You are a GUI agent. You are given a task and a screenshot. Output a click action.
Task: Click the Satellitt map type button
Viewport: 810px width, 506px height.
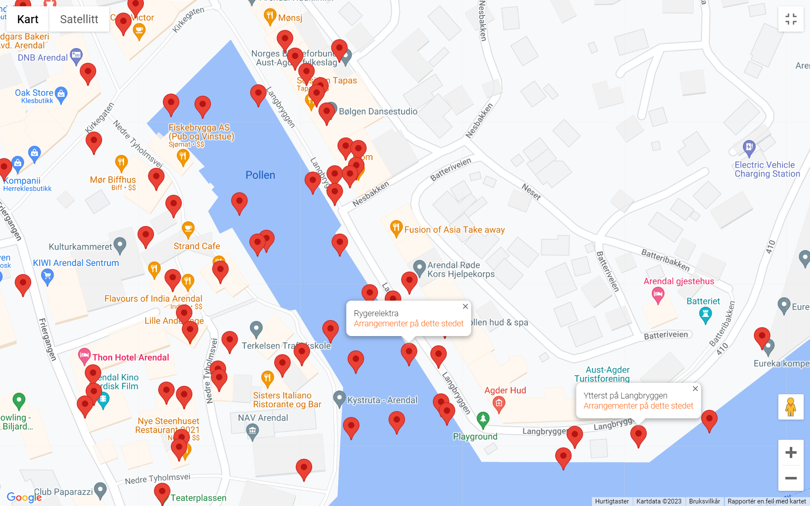(79, 19)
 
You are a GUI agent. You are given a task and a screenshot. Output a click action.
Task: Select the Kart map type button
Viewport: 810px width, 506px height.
(28, 19)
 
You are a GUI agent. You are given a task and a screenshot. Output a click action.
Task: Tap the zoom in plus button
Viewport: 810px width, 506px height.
(791, 452)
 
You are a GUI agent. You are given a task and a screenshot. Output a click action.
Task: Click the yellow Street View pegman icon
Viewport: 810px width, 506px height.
(791, 407)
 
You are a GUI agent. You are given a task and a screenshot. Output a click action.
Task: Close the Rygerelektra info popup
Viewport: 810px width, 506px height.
(465, 307)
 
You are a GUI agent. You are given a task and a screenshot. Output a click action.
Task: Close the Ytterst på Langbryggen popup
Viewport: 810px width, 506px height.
(695, 389)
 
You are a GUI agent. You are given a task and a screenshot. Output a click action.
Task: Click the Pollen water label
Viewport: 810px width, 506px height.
(260, 175)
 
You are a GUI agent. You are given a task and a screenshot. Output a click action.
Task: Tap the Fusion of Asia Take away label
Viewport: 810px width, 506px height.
(454, 230)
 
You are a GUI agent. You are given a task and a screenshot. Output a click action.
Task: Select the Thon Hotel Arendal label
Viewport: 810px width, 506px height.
(130, 358)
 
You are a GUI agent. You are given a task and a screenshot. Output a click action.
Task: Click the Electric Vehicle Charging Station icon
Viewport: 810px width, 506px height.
(749, 148)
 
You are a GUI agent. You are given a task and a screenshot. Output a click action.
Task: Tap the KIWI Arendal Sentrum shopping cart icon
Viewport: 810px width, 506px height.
(47, 277)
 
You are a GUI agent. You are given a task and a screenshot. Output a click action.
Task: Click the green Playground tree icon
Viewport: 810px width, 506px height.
(483, 419)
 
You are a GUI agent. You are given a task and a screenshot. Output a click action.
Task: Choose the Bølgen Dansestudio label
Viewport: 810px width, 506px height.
(378, 111)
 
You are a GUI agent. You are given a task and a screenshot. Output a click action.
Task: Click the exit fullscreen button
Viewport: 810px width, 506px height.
(791, 19)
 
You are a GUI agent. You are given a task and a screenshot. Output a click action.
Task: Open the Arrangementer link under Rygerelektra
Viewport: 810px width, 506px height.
(408, 323)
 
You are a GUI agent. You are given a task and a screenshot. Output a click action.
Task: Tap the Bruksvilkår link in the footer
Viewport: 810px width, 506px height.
(704, 501)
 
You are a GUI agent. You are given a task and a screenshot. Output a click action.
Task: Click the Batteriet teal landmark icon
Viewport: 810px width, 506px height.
(705, 314)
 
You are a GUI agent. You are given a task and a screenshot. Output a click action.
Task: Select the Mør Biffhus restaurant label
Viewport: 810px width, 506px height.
(113, 180)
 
